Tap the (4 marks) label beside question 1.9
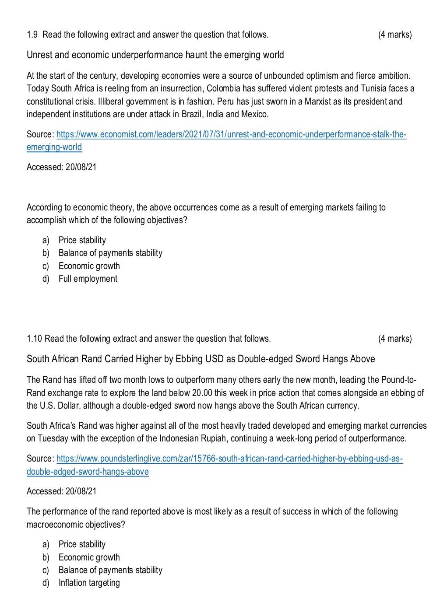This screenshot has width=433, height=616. tap(394, 35)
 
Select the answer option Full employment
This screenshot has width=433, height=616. tap(88, 279)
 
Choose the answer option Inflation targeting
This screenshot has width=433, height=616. tap(89, 583)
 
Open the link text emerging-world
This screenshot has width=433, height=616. tap(54, 147)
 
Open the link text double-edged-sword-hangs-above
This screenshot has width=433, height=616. tap(88, 472)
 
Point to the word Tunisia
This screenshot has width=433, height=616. tap(375, 88)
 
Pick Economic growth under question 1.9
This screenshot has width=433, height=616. tap(89, 266)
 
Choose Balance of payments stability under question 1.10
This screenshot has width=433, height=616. tap(110, 570)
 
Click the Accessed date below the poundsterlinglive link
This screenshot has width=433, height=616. tap(62, 491)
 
